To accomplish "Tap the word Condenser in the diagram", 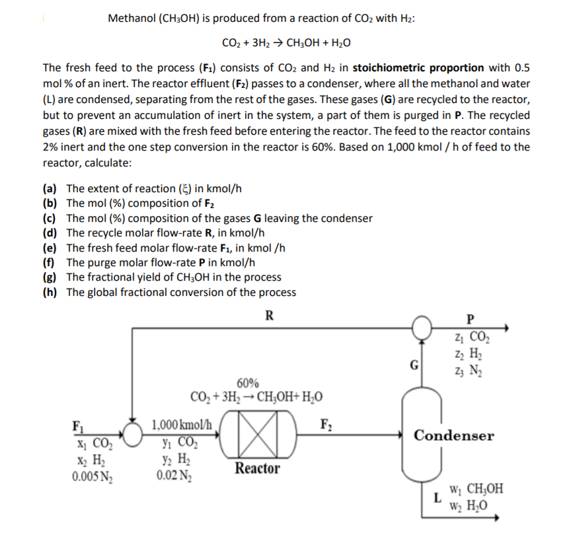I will (453, 436).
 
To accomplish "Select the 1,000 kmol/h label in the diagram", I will (182, 425).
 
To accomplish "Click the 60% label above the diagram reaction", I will (247, 384).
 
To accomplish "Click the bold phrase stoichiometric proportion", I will (428, 68).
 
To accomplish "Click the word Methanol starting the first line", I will (130, 18).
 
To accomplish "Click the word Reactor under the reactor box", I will (257, 469).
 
